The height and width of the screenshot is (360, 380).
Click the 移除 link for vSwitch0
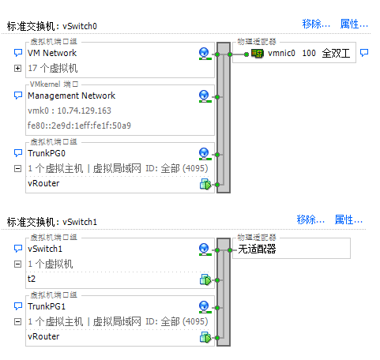tap(316, 24)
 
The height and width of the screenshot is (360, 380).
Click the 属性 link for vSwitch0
tap(354, 24)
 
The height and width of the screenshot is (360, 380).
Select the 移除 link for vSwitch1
tap(310, 219)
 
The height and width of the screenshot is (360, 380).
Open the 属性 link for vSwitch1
tap(348, 219)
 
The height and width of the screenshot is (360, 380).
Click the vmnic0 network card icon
tap(258, 54)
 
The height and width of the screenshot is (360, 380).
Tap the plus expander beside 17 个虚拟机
tap(17, 69)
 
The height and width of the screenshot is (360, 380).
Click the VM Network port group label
tap(52, 53)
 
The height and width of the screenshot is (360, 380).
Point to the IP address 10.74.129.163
tap(85, 111)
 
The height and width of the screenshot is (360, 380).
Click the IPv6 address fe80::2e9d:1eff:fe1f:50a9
tap(79, 126)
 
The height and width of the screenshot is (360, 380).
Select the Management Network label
tap(72, 96)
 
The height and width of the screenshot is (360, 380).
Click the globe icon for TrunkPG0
tap(205, 154)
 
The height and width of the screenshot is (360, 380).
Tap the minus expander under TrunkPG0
tap(17, 168)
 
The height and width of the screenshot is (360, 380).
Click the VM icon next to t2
tap(205, 279)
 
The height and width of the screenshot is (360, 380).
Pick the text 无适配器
tap(257, 249)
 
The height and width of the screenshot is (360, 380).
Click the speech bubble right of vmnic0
tap(364, 53)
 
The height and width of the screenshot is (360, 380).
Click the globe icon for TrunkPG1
tap(205, 307)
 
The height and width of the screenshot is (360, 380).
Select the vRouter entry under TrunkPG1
tap(43, 336)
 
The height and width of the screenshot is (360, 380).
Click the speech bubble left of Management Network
tap(18, 96)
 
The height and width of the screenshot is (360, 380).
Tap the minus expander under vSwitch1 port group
tap(17, 264)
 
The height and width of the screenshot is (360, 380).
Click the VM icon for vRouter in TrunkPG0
tap(205, 184)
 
